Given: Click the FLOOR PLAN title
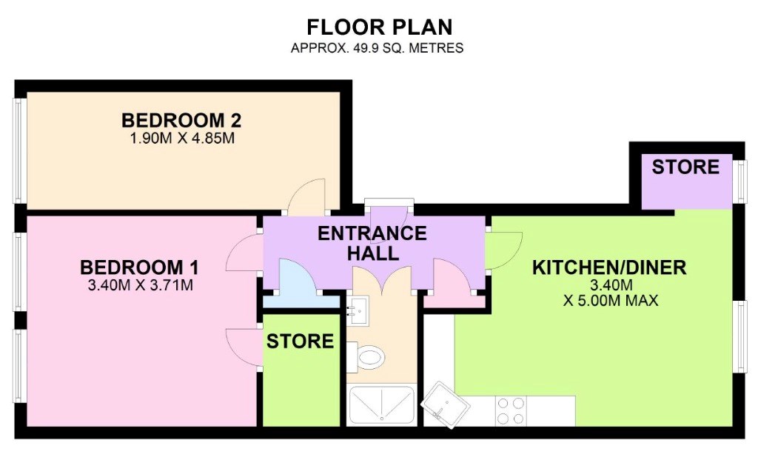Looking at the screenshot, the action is click(380, 27).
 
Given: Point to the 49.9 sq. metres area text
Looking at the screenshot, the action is click(377, 48).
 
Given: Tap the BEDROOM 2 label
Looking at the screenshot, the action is click(181, 120).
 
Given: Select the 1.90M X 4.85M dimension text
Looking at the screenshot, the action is click(182, 139).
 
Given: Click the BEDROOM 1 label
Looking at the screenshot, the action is click(139, 267).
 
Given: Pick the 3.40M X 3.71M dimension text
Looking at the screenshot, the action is click(140, 285).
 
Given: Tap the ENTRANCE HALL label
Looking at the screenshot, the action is click(372, 243).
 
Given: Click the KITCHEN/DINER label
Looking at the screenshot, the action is click(609, 267).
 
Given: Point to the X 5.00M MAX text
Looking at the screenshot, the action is click(611, 301).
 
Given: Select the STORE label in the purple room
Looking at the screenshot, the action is click(685, 167).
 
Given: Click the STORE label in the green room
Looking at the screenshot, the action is click(301, 341).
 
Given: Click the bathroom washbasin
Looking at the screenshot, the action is click(358, 310).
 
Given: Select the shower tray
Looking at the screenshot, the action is click(382, 405).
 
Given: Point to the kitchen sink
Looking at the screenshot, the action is click(446, 404).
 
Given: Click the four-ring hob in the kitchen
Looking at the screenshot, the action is click(511, 410).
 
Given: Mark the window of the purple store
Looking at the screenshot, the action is click(740, 181).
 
